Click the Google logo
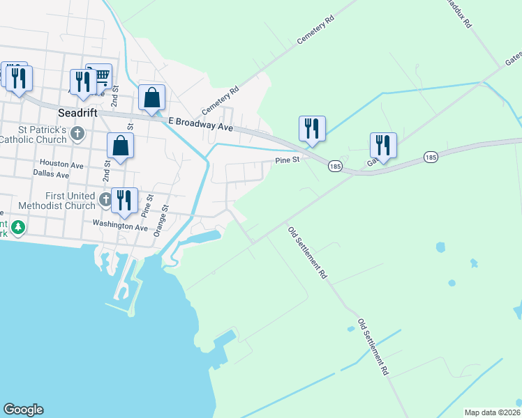[x=23, y=410]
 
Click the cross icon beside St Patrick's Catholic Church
[x=77, y=132]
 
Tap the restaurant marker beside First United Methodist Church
[x=124, y=200]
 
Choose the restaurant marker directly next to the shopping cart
[x=83, y=81]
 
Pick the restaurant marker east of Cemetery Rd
[x=312, y=127]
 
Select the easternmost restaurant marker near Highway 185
[x=383, y=144]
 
